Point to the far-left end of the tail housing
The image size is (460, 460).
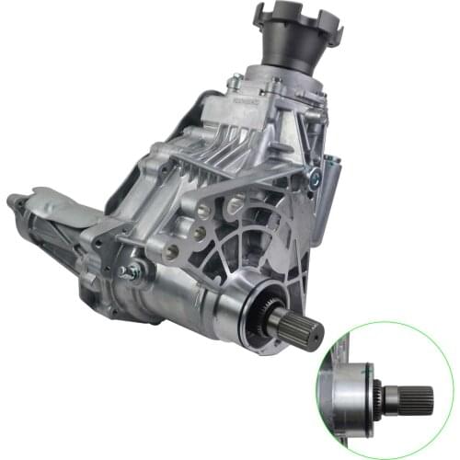point(15,203)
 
